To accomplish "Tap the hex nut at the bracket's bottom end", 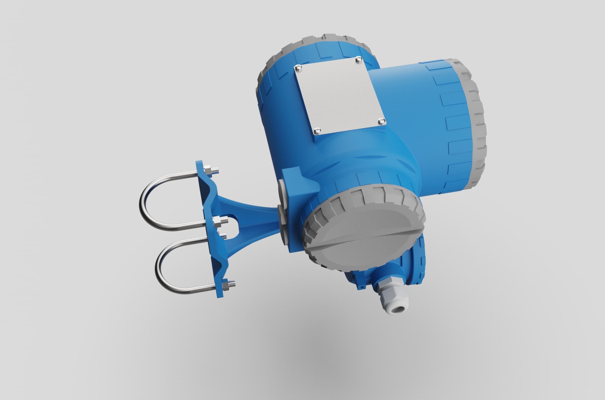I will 226,286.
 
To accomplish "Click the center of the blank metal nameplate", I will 339,94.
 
